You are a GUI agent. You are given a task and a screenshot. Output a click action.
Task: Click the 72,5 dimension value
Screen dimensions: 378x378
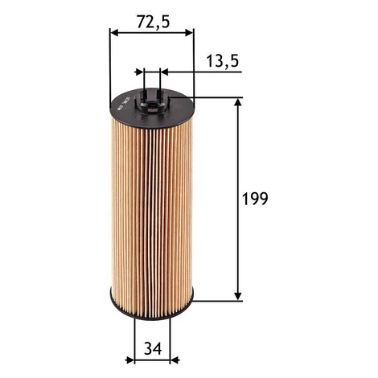click(x=154, y=22)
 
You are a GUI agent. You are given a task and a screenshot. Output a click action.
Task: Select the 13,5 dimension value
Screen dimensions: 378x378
click(x=222, y=61)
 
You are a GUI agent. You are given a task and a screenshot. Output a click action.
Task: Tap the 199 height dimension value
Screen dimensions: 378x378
click(x=255, y=199)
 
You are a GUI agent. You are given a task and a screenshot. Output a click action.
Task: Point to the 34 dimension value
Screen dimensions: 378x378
click(x=153, y=349)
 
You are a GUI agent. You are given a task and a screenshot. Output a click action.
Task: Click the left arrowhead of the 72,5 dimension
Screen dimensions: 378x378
click(x=114, y=33)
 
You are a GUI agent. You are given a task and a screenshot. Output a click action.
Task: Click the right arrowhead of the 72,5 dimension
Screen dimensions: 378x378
click(x=189, y=33)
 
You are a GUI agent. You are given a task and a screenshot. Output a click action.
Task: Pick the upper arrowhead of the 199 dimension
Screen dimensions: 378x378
click(x=237, y=103)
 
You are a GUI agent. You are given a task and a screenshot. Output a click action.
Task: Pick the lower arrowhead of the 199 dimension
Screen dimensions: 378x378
click(x=237, y=296)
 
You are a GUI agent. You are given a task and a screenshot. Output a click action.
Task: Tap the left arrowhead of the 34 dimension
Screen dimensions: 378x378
click(x=129, y=360)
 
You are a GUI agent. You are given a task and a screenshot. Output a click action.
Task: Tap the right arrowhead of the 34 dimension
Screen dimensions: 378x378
click(x=175, y=360)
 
